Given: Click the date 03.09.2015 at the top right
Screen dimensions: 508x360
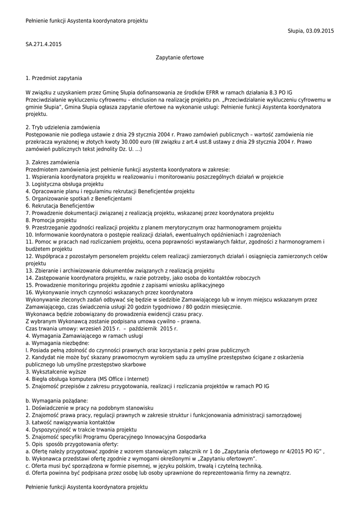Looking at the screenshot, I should [x=321, y=31].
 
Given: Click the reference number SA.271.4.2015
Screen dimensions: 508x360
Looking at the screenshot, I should [x=44, y=44].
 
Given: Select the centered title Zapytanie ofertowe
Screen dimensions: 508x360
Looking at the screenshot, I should [x=180, y=58].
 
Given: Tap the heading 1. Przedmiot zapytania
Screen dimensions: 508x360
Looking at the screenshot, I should [x=54, y=78].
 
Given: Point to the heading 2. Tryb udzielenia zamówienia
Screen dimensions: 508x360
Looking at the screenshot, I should [x=63, y=127].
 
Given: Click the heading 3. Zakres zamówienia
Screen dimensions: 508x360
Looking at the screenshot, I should [x=52, y=162].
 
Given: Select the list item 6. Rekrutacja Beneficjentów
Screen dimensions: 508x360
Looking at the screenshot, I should [x=60, y=205].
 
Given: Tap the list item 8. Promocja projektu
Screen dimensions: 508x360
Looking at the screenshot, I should [x=51, y=220].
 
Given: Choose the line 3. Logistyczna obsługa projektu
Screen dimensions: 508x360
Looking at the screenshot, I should [x=64, y=184].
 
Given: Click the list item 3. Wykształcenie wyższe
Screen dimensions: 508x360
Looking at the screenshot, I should [x=56, y=372].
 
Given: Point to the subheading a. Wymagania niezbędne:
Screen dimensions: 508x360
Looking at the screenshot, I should [x=57, y=343].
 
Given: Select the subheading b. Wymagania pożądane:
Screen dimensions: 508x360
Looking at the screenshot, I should [x=57, y=400].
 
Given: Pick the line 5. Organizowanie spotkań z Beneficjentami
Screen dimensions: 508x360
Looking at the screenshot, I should [x=78, y=198].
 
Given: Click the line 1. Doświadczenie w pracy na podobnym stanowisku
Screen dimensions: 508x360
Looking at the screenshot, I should [x=89, y=407].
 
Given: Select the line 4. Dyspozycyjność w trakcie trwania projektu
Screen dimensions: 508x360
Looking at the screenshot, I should [x=81, y=429].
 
